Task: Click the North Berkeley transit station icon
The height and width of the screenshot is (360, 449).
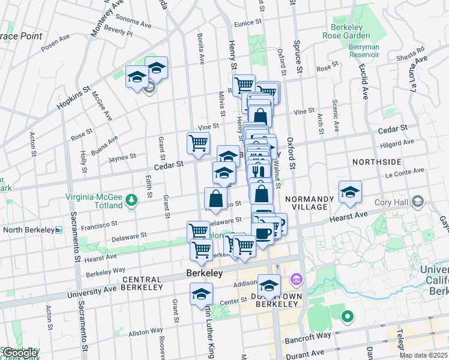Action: point(58,230)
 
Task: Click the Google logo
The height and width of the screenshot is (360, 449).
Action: point(20,353)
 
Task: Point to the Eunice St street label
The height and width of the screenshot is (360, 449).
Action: point(249,23)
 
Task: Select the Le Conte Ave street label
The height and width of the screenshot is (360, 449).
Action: point(400,176)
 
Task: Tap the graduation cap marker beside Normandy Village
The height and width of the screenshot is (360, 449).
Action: point(350,192)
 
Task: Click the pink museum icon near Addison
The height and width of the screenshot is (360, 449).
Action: point(296,280)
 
